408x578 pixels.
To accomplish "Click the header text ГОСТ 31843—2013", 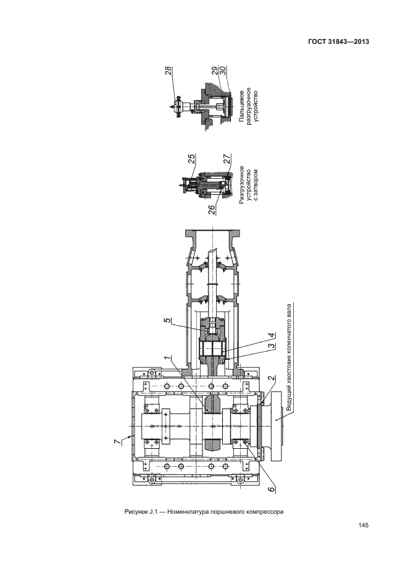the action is coord(338,41).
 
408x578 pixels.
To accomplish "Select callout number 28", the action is coord(169,70).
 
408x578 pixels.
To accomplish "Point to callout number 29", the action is coord(215,71).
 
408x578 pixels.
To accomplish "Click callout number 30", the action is coord(222,71).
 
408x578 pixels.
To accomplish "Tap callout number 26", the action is coord(212,209).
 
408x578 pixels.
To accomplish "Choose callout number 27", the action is coord(228,158).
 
